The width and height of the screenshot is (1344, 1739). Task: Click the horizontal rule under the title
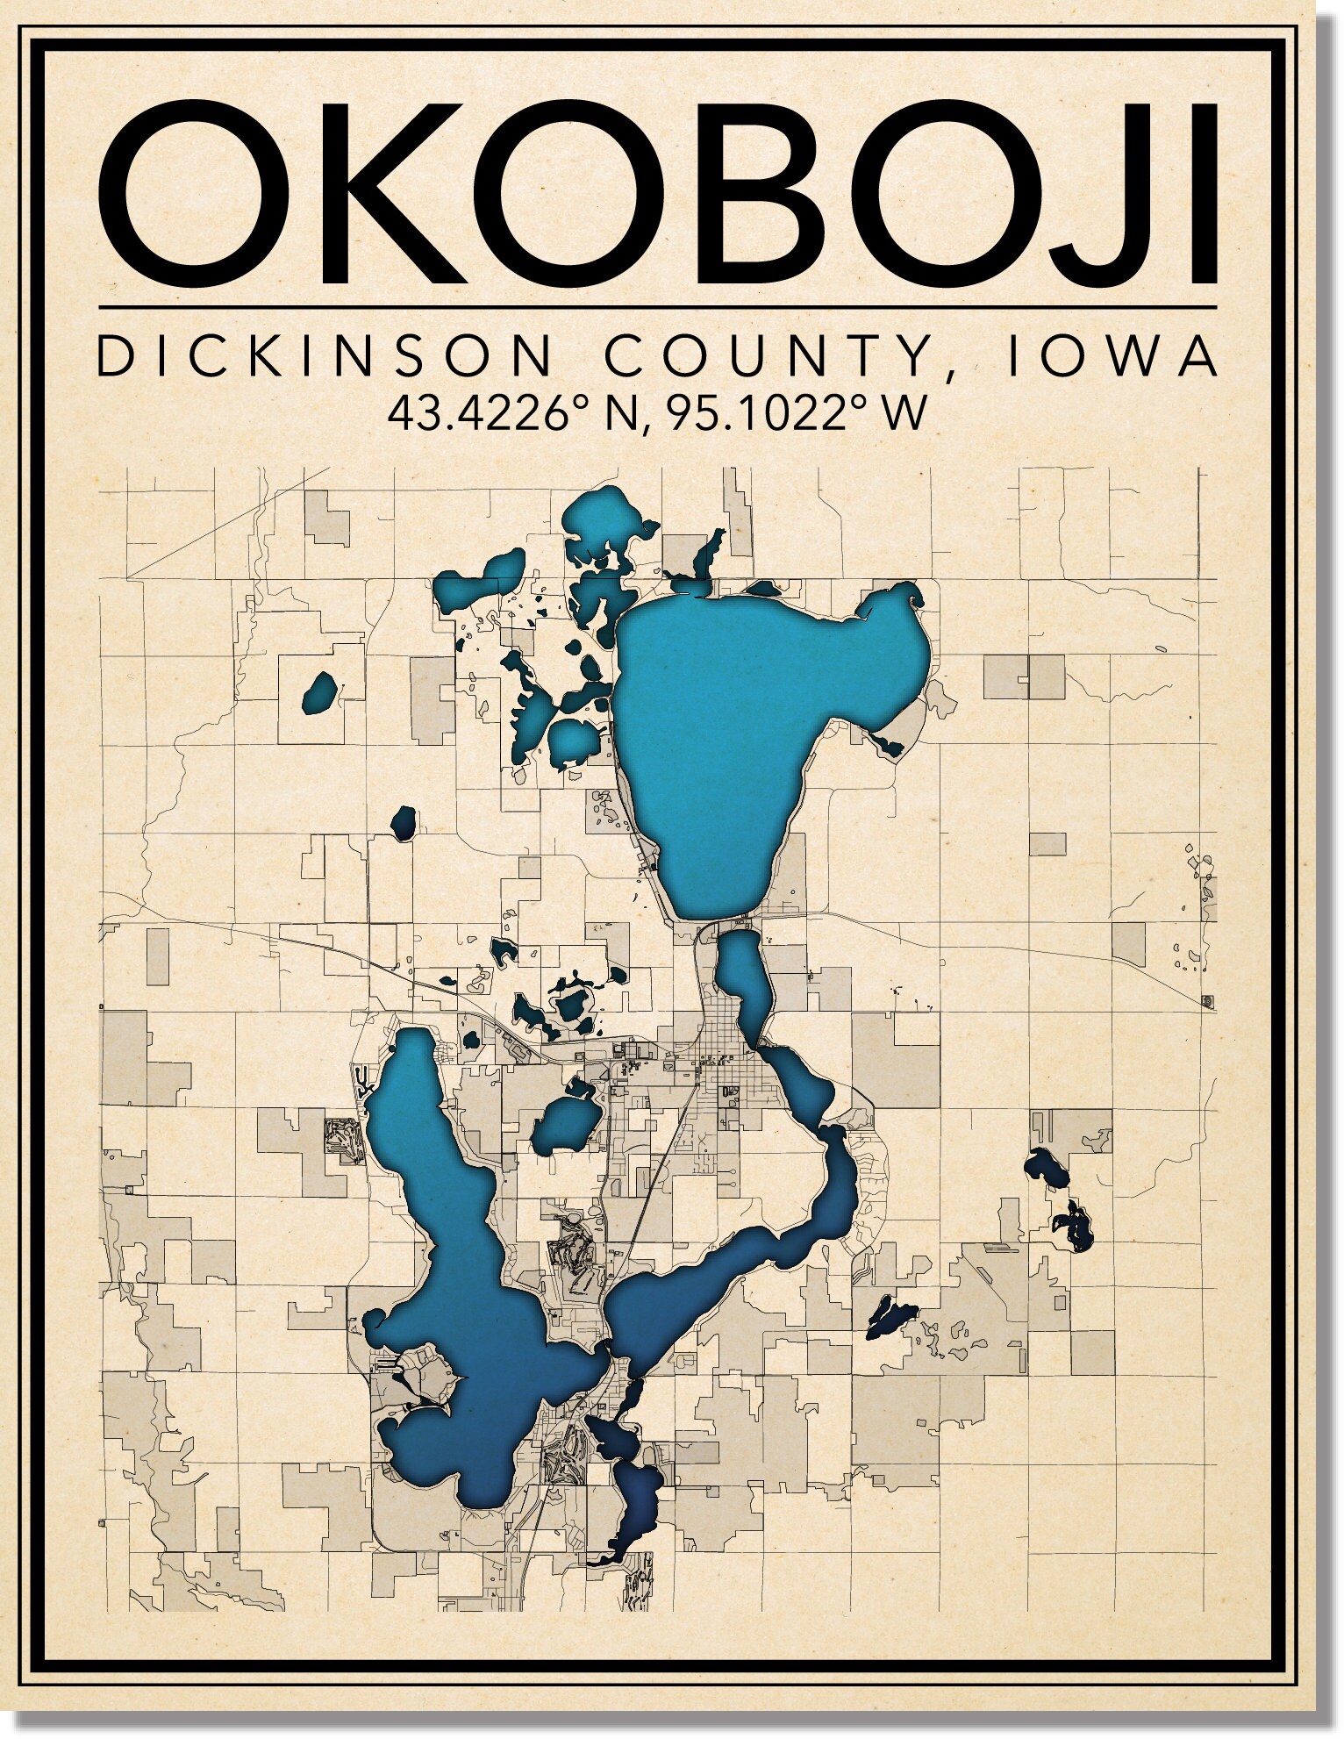tap(658, 307)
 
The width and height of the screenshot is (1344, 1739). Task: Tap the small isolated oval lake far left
tap(319, 692)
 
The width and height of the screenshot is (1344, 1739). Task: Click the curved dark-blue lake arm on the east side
tap(825, 1202)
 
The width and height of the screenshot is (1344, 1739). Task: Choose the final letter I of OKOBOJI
tap(1203, 194)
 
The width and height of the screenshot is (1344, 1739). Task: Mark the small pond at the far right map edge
tap(1207, 1000)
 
